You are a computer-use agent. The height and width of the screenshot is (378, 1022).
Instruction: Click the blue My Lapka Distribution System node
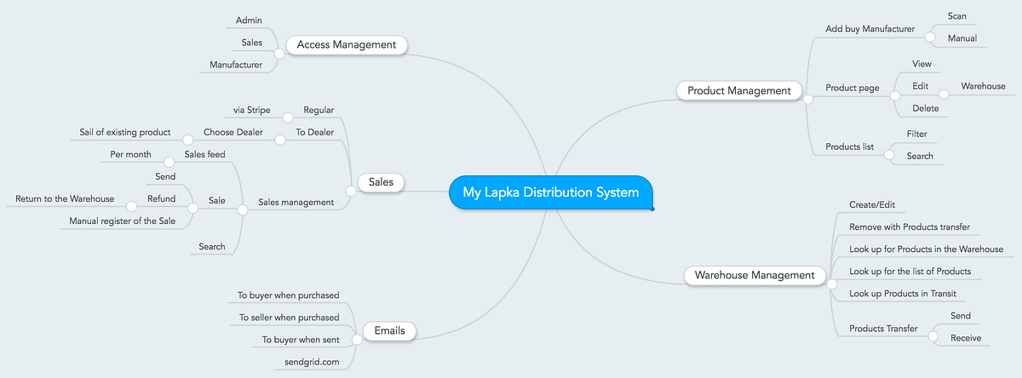click(x=551, y=192)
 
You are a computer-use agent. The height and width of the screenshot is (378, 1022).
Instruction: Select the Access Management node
click(x=347, y=44)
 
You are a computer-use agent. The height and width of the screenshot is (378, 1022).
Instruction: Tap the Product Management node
click(x=738, y=91)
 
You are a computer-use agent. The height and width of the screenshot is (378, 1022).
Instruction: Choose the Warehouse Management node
click(x=755, y=275)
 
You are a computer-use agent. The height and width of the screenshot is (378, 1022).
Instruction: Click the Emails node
click(x=389, y=330)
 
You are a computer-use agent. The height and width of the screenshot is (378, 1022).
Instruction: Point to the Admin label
click(x=249, y=20)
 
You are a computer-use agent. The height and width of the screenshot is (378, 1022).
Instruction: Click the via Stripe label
click(x=252, y=111)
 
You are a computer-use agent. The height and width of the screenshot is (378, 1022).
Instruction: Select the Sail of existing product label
click(x=124, y=132)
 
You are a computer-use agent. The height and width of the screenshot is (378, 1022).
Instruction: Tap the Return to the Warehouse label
click(x=65, y=199)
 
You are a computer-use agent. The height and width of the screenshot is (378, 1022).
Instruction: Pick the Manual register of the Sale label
click(x=123, y=221)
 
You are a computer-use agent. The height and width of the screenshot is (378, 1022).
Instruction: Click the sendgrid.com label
click(x=312, y=362)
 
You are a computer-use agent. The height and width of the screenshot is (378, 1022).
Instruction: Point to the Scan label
click(x=956, y=16)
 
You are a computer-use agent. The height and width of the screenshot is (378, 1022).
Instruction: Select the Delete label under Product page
click(x=925, y=108)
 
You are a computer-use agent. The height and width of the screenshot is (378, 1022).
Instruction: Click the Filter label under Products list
click(x=916, y=134)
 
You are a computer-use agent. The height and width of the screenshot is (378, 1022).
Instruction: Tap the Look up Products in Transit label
click(x=903, y=294)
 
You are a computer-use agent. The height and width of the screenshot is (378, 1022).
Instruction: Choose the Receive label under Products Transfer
click(x=966, y=338)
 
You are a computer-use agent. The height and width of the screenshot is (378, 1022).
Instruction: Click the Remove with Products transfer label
click(x=910, y=227)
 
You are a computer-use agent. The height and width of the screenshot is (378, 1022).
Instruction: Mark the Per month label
click(x=130, y=155)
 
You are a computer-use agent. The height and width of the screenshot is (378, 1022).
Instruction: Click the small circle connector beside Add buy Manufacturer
click(x=930, y=37)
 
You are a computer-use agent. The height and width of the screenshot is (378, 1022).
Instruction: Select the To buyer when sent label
click(x=301, y=340)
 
